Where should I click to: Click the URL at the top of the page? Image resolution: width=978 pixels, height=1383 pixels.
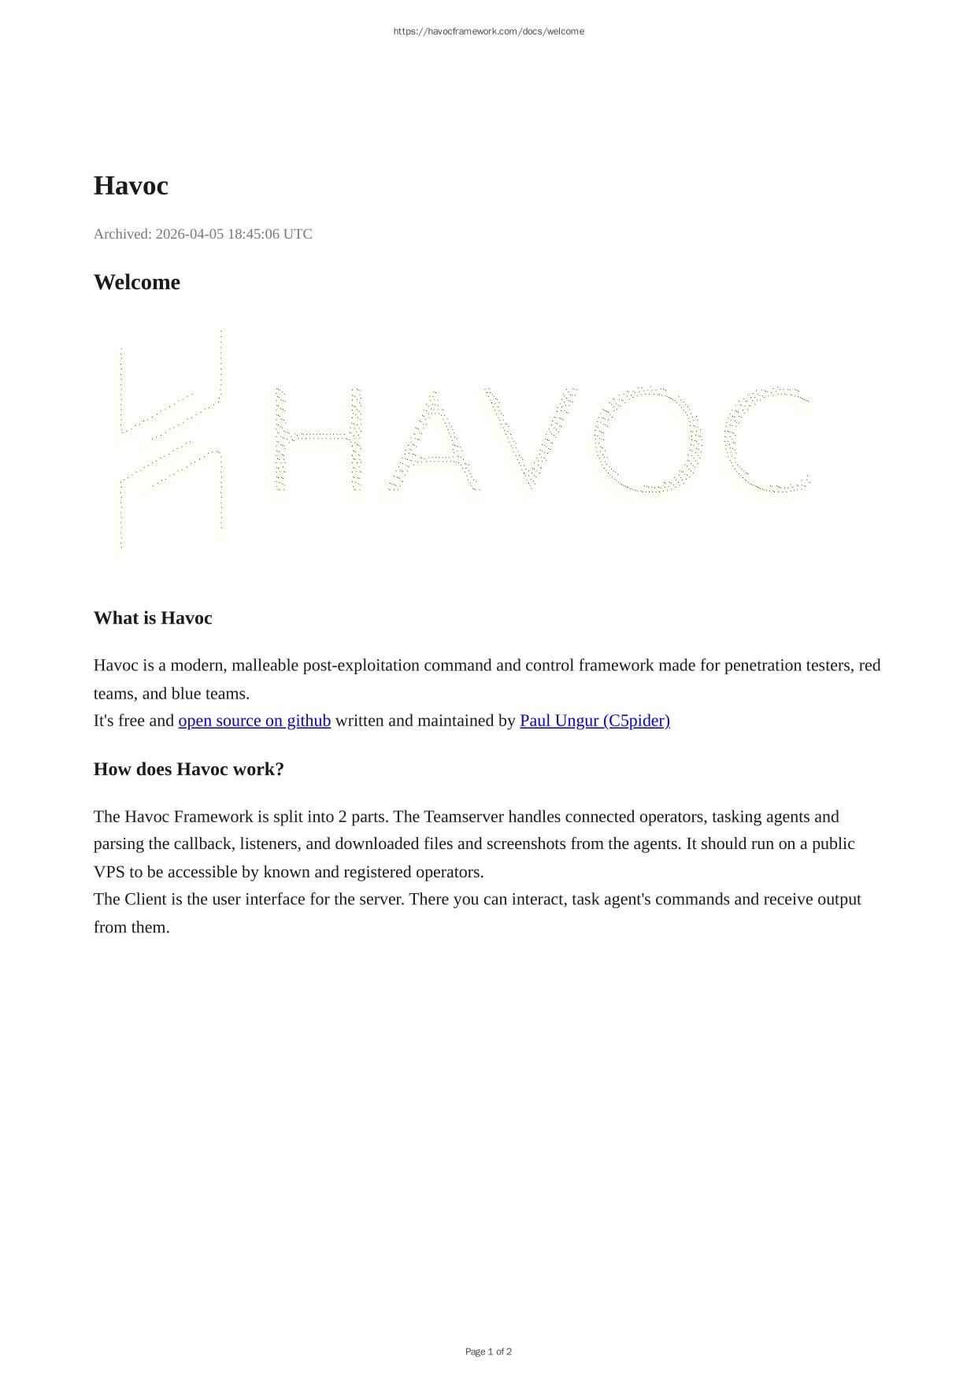coord(488,32)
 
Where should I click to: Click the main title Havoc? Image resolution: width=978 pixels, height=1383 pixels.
coord(131,186)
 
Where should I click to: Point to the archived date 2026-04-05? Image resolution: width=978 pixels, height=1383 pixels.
coord(189,234)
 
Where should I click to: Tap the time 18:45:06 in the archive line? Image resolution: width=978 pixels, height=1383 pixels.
coord(254,234)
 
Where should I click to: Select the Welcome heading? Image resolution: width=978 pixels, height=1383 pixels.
coord(137,282)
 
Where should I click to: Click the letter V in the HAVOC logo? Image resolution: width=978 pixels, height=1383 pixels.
coord(530,441)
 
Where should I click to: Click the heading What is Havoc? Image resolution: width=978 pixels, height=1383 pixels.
coord(153,618)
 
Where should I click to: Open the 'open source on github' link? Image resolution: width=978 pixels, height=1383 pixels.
coord(254,721)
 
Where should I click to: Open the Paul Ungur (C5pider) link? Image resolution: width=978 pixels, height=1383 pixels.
coord(595,721)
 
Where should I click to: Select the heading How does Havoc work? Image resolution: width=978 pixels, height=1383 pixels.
coord(189,769)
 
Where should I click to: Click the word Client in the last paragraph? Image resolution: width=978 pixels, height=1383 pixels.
coord(145,899)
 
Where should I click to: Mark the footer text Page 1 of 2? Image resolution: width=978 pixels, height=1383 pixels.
coord(488,1351)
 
